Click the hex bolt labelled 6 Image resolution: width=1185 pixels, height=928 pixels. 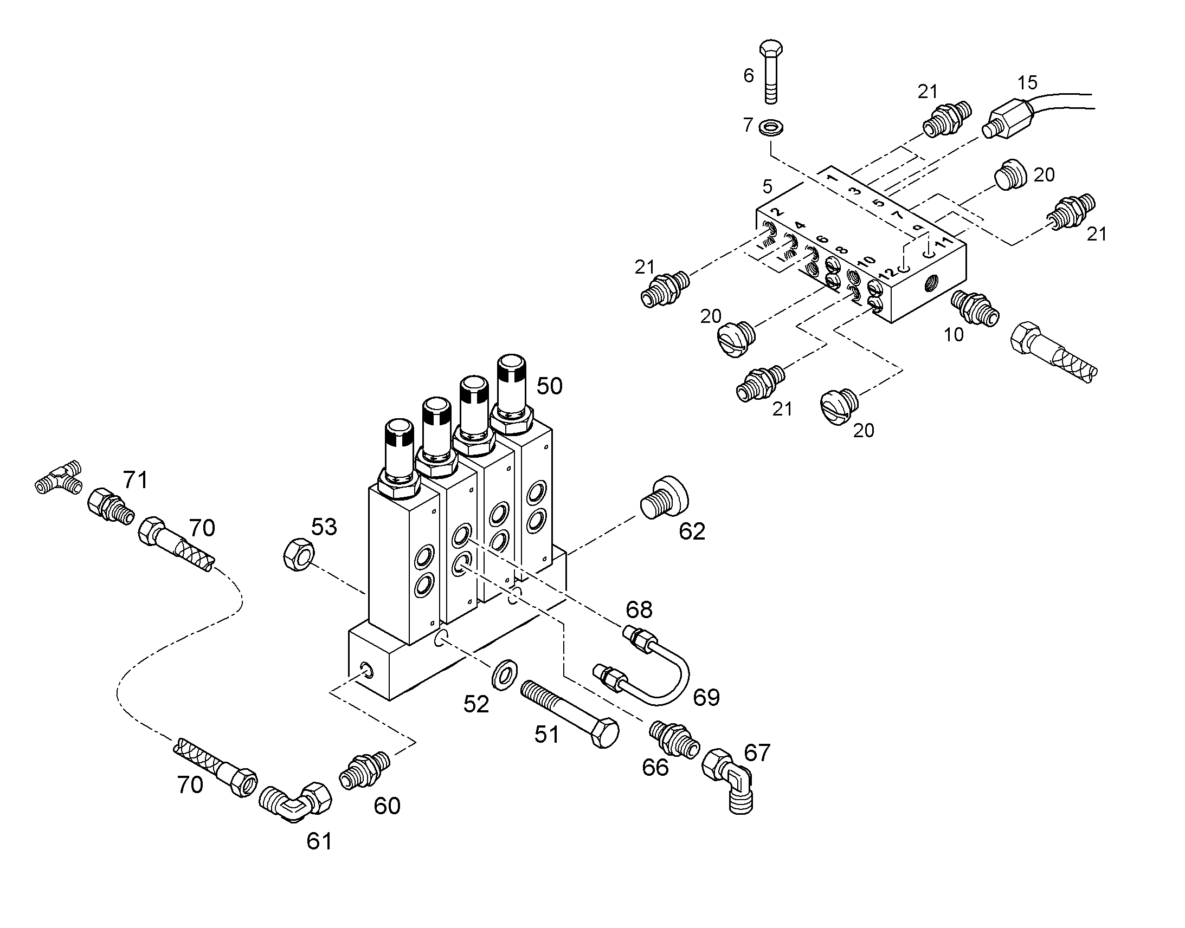coord(771,70)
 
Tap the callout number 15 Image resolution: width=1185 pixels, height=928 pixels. coord(1027,82)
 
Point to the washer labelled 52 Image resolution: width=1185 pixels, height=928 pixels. coord(504,675)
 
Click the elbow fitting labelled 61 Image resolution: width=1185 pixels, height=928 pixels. coord(294,802)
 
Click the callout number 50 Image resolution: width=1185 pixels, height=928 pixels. coord(549,386)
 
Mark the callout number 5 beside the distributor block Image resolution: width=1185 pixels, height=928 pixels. coord(767,186)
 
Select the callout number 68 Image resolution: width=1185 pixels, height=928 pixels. coord(639,610)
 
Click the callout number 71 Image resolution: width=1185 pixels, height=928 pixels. coord(136,481)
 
